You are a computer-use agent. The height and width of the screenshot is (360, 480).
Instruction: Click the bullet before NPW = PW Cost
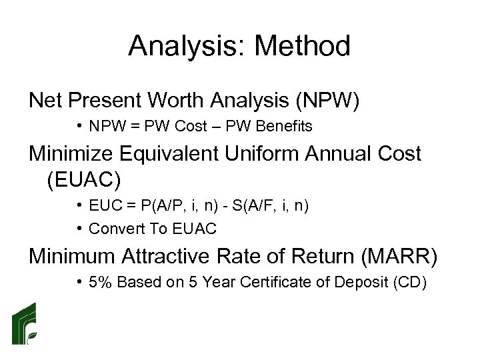click(x=79, y=126)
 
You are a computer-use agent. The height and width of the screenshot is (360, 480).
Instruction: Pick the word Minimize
click(x=70, y=154)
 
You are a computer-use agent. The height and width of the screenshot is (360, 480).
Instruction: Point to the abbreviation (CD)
click(x=409, y=283)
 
